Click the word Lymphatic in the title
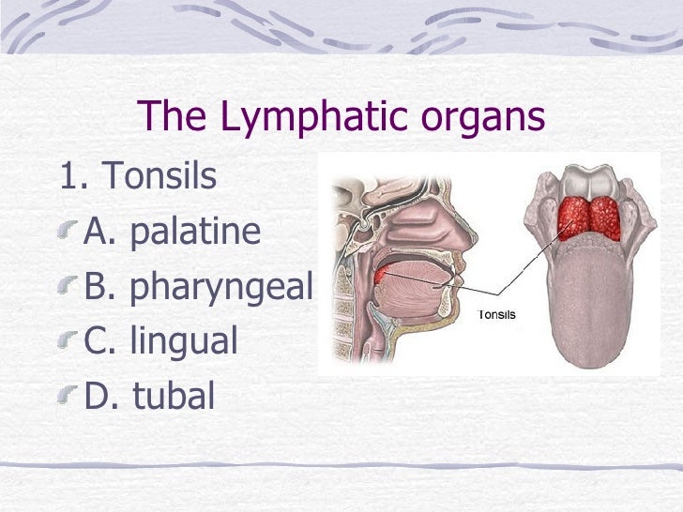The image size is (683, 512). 300,119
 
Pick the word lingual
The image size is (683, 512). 184,342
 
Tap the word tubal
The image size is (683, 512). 174,396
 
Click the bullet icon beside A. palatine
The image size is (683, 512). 68,233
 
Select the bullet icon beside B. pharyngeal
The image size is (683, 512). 68,288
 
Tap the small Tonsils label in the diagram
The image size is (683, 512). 497,314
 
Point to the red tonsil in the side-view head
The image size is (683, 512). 381,276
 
